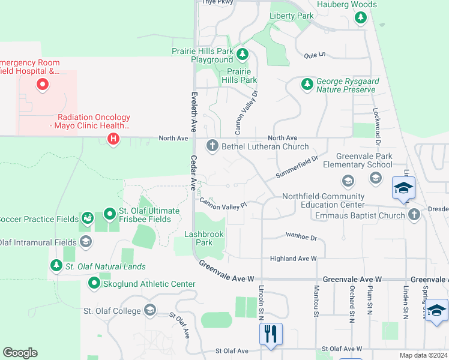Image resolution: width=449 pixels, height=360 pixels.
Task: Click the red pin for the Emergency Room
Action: [x=43, y=85]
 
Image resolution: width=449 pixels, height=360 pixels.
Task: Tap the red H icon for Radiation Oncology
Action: [x=112, y=139]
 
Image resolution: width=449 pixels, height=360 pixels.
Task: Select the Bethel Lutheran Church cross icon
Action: [x=212, y=146]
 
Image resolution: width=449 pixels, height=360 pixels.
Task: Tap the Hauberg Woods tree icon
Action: [x=361, y=17]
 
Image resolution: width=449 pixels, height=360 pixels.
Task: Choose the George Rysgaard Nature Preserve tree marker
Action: [x=307, y=84]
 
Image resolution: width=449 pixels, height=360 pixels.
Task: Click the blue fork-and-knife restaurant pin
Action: [x=270, y=333]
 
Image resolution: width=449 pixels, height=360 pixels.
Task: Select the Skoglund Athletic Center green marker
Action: [x=94, y=283]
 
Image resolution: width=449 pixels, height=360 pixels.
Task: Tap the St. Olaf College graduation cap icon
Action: [x=149, y=310]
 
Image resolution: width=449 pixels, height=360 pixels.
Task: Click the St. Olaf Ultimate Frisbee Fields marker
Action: [x=109, y=213]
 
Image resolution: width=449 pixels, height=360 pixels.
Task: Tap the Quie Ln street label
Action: [x=315, y=55]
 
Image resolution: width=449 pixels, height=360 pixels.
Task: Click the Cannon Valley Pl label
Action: [x=223, y=204]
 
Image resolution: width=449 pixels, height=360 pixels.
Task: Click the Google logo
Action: [x=20, y=353]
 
